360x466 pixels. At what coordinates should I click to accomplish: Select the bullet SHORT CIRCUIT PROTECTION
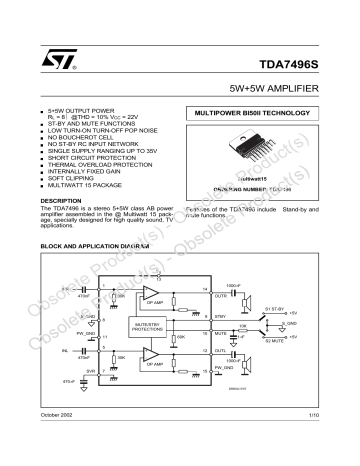click(88, 155)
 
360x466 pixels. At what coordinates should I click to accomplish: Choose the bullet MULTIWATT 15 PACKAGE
click(85, 186)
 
